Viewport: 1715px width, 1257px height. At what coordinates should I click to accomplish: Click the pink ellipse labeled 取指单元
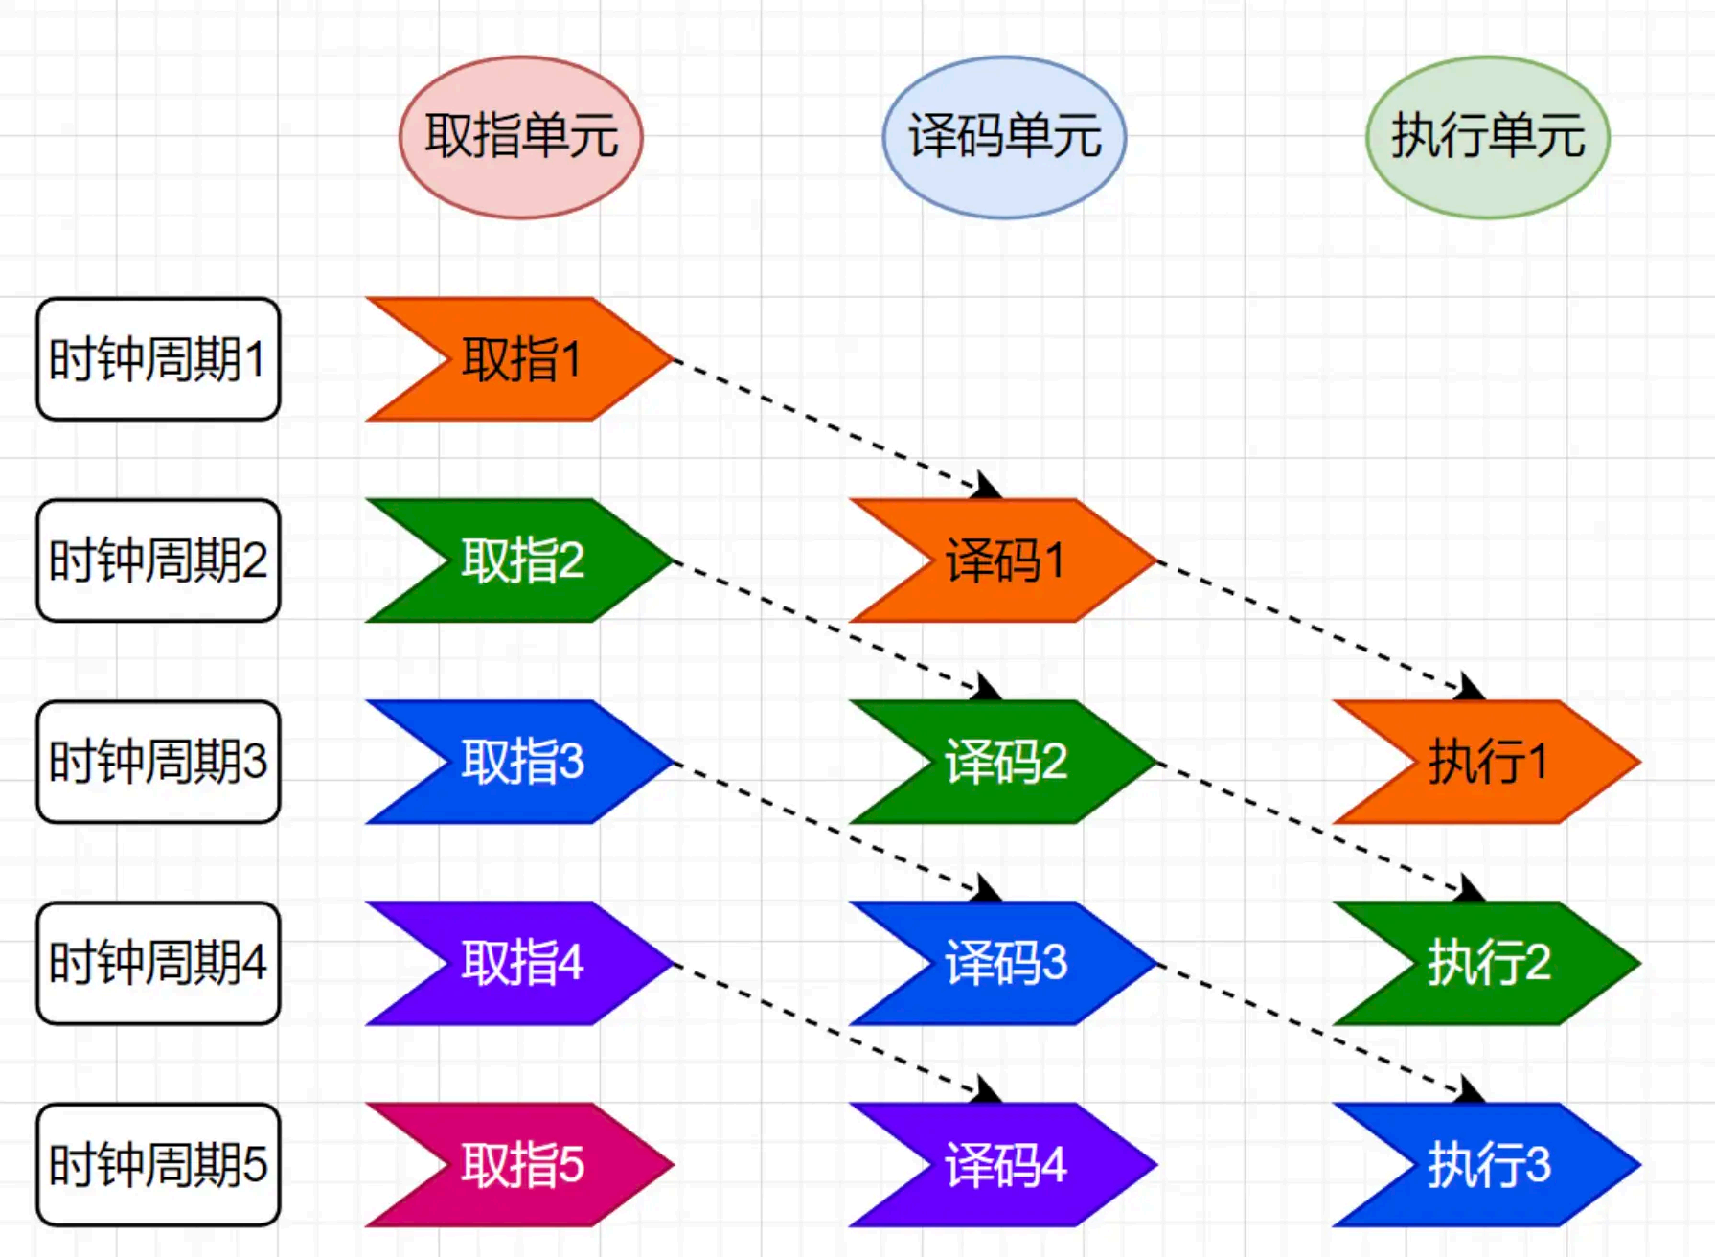520,137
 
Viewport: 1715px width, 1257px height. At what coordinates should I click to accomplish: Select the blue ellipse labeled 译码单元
1003,137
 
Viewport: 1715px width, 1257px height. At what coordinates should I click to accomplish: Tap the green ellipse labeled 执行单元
1487,137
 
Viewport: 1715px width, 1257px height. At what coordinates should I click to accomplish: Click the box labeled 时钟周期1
158,359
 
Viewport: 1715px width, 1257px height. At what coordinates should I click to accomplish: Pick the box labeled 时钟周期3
158,762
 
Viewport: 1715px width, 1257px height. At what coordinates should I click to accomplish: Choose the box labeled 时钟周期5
158,1165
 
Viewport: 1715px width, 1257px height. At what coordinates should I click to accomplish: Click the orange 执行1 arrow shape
1488,762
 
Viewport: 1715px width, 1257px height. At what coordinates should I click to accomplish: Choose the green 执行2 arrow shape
1488,963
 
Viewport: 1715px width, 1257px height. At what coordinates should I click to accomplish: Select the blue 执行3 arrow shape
1488,1165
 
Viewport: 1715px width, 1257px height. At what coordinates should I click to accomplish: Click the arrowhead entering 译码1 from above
987,487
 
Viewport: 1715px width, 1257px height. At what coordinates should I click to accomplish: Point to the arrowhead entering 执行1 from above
1471,688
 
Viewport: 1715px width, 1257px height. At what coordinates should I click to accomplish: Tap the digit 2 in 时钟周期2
255,561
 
